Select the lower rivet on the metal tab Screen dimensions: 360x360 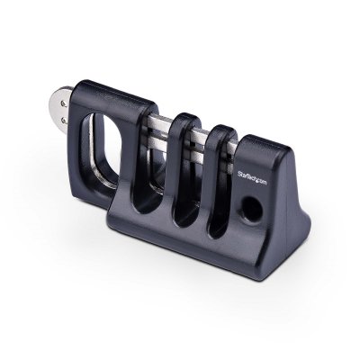(x=64, y=117)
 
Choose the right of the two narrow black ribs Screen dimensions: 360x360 (x=219, y=175)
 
